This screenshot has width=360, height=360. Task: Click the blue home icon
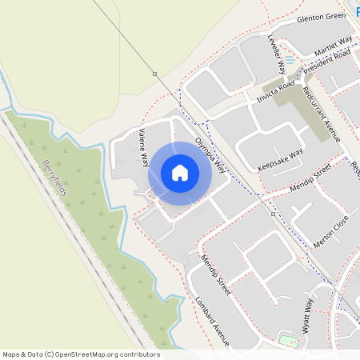pyautogui.click(x=179, y=173)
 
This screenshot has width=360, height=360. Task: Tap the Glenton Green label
pyautogui.click(x=320, y=18)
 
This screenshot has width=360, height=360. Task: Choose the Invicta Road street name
pyautogui.click(x=276, y=90)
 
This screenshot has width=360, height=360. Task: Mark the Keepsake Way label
pyautogui.click(x=280, y=159)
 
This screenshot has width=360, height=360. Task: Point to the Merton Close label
pyautogui.click(x=331, y=230)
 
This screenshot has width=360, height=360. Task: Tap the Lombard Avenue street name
pyautogui.click(x=212, y=321)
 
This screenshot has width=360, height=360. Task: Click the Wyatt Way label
pyautogui.click(x=306, y=315)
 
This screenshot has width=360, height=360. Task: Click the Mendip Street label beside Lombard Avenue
pyautogui.click(x=215, y=275)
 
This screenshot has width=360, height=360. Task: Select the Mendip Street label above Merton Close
pyautogui.click(x=310, y=182)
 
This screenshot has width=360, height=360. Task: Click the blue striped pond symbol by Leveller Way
pyautogui.click(x=290, y=62)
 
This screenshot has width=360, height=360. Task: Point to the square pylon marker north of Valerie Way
pyautogui.click(x=154, y=74)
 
